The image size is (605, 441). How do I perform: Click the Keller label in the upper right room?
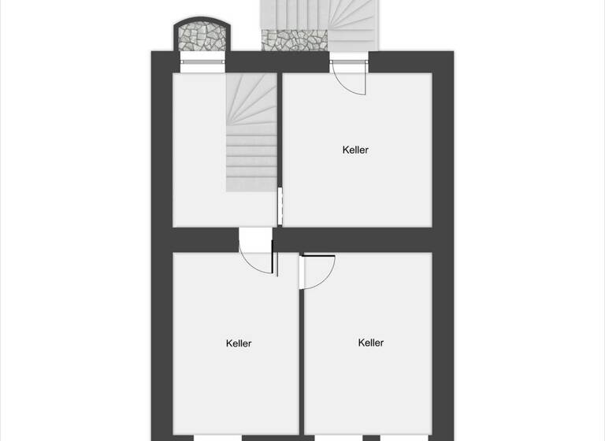click(355, 150)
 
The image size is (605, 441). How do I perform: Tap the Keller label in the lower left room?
click(239, 343)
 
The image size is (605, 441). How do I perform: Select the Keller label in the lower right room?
click(371, 343)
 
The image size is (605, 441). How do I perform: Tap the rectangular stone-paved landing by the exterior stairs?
click(295, 39)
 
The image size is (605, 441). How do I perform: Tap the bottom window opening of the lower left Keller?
click(217, 437)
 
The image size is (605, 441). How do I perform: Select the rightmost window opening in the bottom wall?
click(404, 437)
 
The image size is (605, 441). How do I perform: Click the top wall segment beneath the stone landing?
click(295, 61)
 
